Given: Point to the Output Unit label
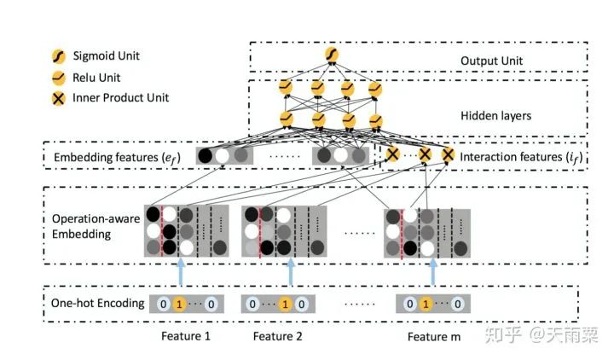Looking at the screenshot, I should (x=491, y=61).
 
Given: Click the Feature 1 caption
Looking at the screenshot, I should (x=186, y=336).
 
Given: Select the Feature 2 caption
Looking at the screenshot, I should (x=278, y=336).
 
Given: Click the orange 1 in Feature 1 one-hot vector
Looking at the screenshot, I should (x=177, y=303).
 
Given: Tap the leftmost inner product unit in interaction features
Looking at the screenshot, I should (x=392, y=155).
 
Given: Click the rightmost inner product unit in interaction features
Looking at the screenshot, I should (x=448, y=155).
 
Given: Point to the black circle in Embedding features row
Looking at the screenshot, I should (x=206, y=156).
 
